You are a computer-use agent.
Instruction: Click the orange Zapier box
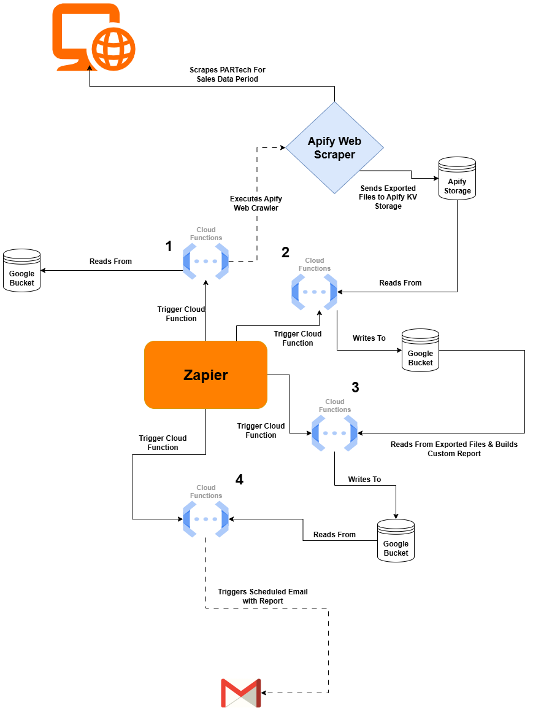click(205, 375)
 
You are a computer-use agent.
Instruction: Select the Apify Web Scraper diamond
click(334, 148)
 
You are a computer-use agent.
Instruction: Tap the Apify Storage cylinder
click(457, 178)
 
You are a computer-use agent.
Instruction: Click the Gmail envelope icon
click(240, 693)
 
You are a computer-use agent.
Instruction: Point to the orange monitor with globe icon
click(93, 36)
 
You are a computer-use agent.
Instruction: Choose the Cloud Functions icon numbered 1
click(205, 261)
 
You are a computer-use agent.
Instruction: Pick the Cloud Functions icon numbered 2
click(314, 292)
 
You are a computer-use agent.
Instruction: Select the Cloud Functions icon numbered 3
click(334, 433)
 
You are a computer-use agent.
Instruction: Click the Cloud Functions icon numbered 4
click(205, 519)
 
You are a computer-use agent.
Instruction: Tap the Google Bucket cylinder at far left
click(21, 270)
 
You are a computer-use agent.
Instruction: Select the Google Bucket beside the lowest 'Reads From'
click(396, 540)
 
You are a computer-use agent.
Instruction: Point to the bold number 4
click(239, 480)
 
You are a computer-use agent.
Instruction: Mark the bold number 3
click(355, 387)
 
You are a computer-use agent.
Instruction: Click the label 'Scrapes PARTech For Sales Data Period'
click(227, 74)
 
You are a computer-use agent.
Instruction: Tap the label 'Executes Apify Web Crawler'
click(256, 203)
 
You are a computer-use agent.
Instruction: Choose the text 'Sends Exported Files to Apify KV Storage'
click(388, 197)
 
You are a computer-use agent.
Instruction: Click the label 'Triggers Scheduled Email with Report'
click(263, 596)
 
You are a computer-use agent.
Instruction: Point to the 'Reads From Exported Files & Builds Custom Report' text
click(454, 449)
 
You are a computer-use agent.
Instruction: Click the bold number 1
click(169, 246)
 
